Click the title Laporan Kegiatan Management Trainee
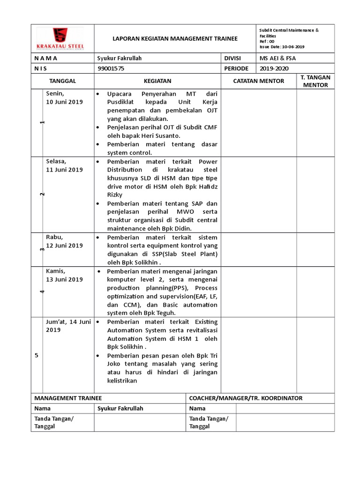[176, 38]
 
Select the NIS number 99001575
[111, 68]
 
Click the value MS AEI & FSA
[278, 58]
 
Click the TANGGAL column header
[62, 81]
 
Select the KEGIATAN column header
[157, 81]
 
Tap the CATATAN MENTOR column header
[259, 81]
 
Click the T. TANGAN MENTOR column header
[315, 81]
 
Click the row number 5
[36, 355]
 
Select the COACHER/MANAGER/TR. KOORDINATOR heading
[246, 398]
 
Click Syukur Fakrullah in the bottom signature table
[120, 408]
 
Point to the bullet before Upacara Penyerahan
[97, 94]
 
